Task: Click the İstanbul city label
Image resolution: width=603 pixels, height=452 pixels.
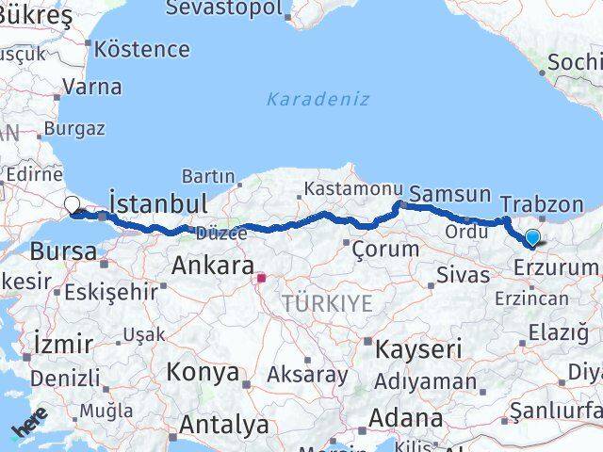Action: (157, 203)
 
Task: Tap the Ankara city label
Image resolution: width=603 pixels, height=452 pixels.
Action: (212, 266)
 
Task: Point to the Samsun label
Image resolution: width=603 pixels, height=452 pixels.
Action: (451, 194)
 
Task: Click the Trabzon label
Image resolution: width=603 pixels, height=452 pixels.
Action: (542, 203)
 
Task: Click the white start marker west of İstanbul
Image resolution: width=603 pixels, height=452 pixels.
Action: (73, 203)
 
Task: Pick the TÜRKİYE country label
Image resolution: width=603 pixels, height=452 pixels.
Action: (327, 303)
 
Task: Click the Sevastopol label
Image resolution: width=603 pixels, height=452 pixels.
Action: (223, 8)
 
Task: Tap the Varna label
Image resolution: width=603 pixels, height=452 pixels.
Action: (91, 87)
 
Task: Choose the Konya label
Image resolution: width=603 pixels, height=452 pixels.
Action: (203, 372)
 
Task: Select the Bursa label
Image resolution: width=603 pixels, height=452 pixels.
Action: (63, 251)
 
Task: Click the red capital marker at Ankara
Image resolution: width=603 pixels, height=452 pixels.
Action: (264, 278)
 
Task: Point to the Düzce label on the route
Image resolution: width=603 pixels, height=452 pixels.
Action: (221, 233)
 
